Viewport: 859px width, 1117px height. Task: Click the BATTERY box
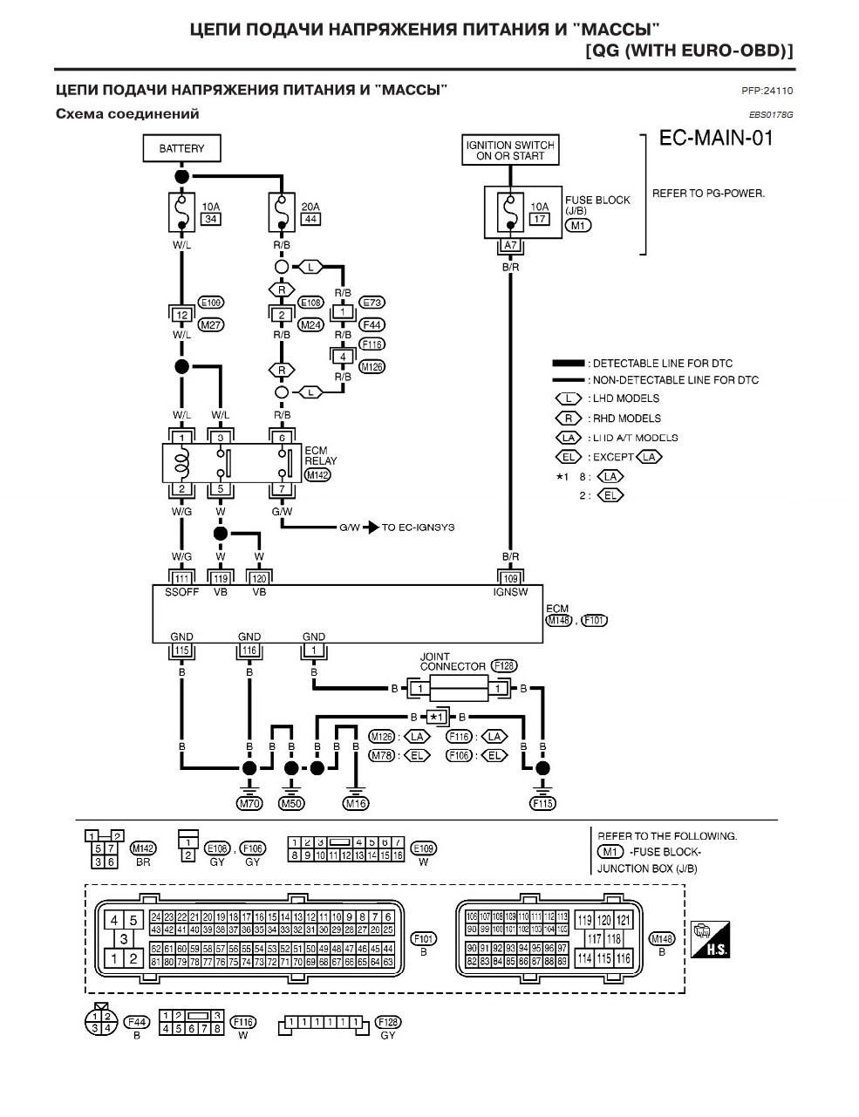[x=181, y=148]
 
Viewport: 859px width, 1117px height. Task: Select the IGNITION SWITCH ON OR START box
[x=510, y=150]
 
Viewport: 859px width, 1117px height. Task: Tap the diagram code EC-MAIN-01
[x=716, y=139]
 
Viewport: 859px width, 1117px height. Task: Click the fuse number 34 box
[x=211, y=219]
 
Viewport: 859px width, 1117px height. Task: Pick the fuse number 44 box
[x=310, y=219]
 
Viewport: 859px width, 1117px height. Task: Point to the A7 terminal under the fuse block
[x=511, y=245]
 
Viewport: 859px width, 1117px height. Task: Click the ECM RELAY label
[x=320, y=456]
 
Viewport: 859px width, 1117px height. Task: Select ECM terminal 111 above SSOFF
[x=181, y=578]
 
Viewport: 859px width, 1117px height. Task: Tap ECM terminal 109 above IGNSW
[x=511, y=578]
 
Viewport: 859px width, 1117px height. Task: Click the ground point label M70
[x=249, y=804]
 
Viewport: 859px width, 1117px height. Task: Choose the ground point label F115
[x=542, y=804]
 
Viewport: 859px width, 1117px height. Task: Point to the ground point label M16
[x=356, y=804]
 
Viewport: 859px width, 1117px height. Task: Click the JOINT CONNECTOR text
[x=452, y=662]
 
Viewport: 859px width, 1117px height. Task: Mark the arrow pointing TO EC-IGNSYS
[x=371, y=528]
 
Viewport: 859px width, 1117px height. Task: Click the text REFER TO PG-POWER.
[x=708, y=194]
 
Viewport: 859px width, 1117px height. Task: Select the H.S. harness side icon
[x=710, y=939]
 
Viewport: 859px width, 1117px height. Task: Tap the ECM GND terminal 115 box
[x=181, y=650]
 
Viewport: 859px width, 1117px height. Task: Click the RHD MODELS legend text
[x=626, y=419]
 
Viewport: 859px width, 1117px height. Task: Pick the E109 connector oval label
[x=424, y=848]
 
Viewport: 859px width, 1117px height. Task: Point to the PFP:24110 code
[x=767, y=91]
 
